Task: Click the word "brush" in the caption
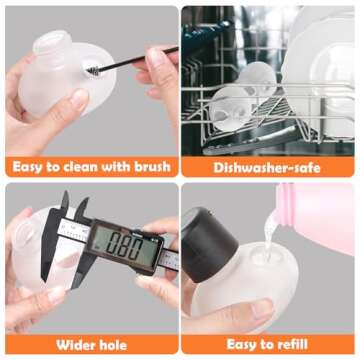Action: tap(152, 167)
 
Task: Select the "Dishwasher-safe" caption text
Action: tap(267, 167)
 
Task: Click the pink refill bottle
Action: tap(316, 217)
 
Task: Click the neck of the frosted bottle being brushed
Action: tap(52, 43)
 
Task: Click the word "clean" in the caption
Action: tap(80, 167)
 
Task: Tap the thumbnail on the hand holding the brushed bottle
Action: tap(79, 99)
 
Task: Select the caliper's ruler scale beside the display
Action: tap(168, 259)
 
